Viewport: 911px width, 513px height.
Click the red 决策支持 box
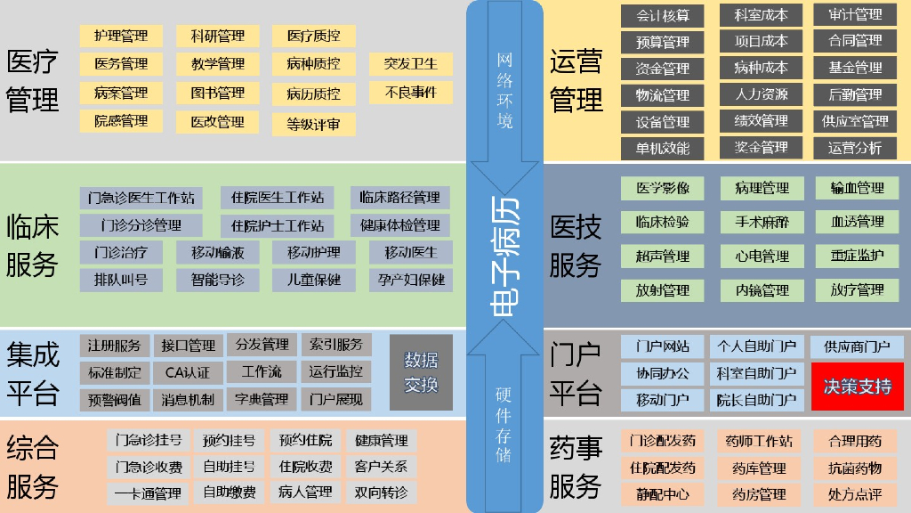[x=857, y=387]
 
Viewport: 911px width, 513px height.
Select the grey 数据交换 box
[x=421, y=372]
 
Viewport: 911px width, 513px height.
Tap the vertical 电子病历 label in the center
[x=504, y=256]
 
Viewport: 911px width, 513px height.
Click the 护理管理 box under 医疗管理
[x=121, y=37]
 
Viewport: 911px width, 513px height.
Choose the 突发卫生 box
[x=410, y=64]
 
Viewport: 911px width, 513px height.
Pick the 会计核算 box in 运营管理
[x=662, y=15]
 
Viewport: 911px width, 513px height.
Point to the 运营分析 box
[x=855, y=148]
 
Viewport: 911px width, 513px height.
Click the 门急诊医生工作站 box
[x=141, y=198]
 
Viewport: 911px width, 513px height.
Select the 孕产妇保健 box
[x=410, y=280]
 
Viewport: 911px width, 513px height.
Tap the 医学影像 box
[x=662, y=188]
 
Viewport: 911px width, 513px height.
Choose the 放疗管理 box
[x=857, y=289]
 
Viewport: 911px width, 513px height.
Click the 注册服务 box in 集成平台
[x=115, y=346]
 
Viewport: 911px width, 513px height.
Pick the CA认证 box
[x=188, y=372]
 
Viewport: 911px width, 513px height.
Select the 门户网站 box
[x=662, y=346]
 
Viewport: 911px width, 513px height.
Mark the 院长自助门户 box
[x=756, y=400]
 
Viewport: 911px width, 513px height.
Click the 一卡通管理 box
[x=148, y=493]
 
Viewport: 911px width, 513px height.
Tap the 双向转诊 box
[x=381, y=493]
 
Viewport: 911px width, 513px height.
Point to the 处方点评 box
[x=855, y=494]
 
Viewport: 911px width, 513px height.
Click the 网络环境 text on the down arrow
[x=504, y=89]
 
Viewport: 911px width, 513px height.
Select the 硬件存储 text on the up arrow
[x=504, y=425]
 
